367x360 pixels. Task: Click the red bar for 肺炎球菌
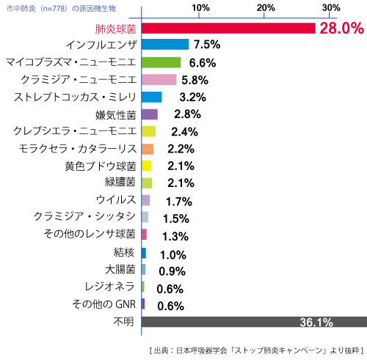(228, 28)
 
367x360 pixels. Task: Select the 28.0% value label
(341, 29)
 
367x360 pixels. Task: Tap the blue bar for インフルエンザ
(164, 45)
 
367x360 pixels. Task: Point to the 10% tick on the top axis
(201, 8)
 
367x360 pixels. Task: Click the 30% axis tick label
(330, 8)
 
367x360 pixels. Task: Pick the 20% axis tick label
(266, 8)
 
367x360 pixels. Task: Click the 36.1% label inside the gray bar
(316, 322)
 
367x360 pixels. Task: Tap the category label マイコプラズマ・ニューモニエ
(70, 62)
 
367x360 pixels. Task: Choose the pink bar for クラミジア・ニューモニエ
(159, 79)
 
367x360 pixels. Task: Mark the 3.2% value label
(192, 98)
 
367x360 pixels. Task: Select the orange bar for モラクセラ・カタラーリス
(147, 149)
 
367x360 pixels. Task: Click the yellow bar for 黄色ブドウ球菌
(146, 166)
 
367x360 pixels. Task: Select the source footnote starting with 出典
(256, 350)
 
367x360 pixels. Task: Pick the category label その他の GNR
(103, 304)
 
